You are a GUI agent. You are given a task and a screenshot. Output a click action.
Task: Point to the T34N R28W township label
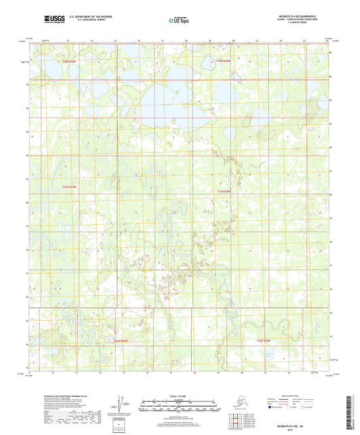click(x=224, y=61)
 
